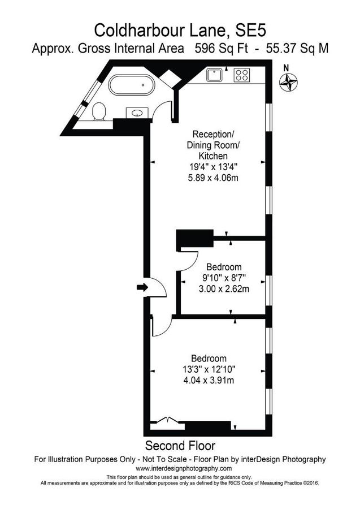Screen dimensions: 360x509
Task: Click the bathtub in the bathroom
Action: [131, 85]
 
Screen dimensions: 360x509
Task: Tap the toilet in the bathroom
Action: [98, 111]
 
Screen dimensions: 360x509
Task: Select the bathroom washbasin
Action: [137, 113]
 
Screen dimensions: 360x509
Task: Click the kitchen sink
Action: [214, 75]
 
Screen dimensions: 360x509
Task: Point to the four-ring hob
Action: [242, 75]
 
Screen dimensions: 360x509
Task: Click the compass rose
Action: [288, 82]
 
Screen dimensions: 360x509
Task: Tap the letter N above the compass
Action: [286, 68]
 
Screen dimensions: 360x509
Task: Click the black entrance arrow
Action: [142, 287]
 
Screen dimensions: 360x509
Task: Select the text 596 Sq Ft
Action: [221, 49]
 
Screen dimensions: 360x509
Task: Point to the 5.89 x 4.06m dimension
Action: [213, 178]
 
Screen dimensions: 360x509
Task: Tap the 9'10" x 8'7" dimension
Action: [224, 278]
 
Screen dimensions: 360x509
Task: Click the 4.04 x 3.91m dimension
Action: [209, 380]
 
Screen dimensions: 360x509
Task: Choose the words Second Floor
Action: [180, 446]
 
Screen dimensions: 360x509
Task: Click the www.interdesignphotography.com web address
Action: [184, 468]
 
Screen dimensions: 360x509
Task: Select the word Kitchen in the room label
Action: [213, 156]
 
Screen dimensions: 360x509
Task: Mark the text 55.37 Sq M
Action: [297, 49]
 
